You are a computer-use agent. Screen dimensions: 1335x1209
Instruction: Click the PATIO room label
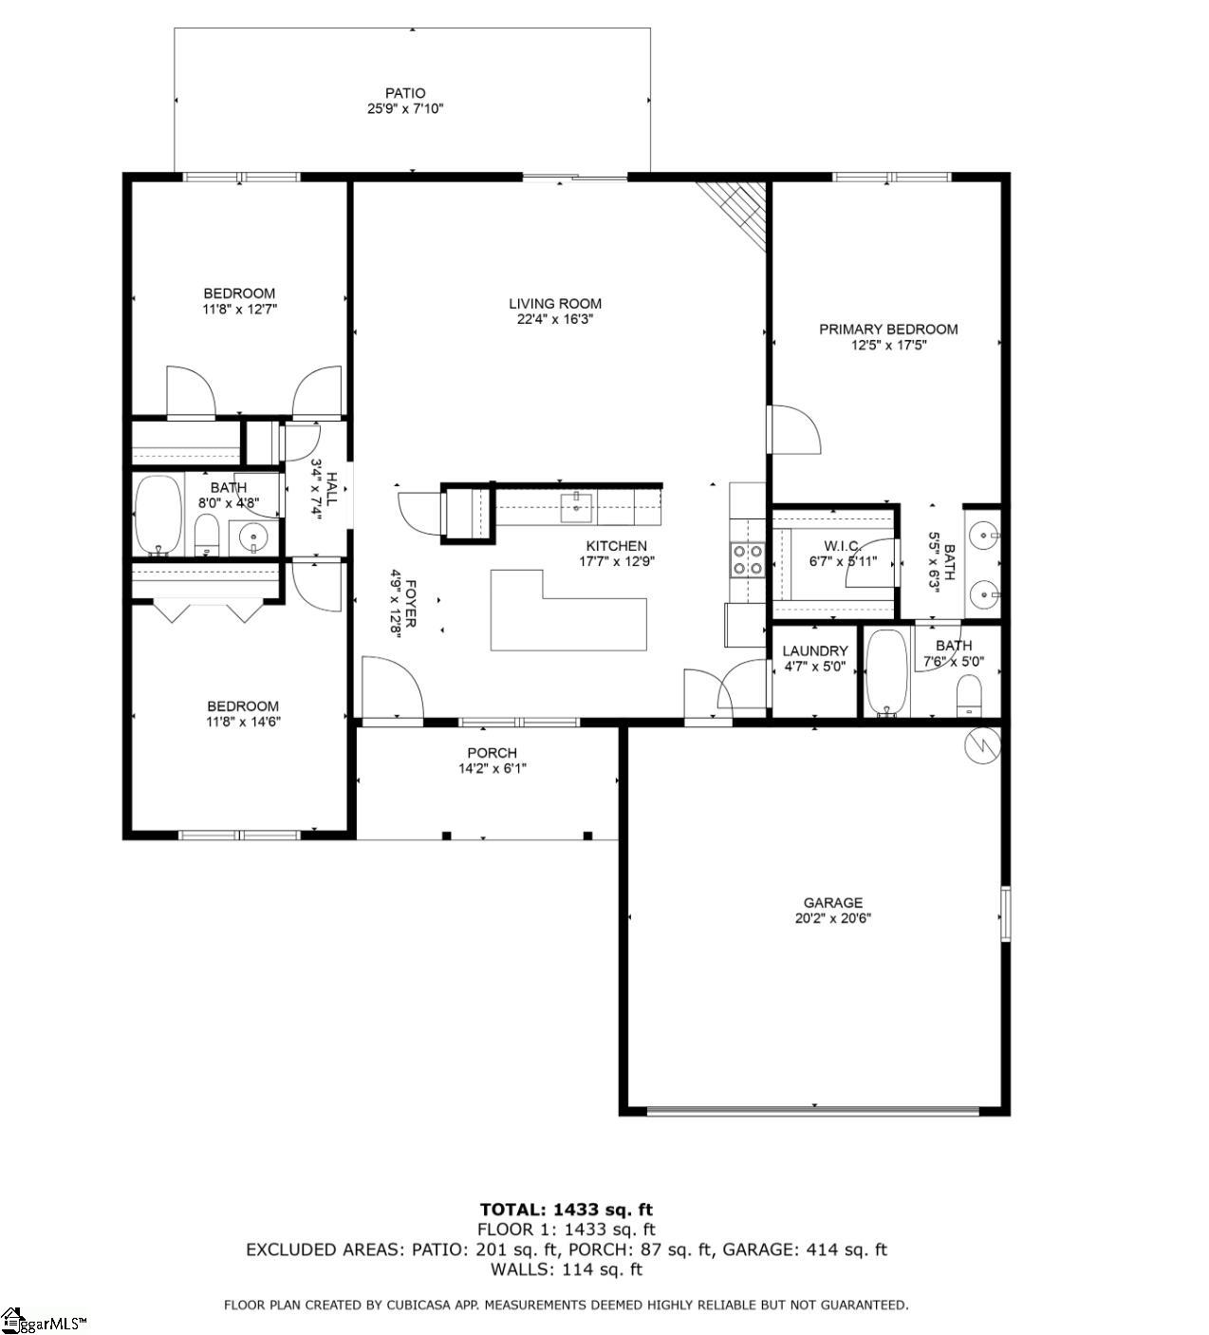pos(405,93)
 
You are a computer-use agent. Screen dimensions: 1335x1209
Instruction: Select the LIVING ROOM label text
pos(555,304)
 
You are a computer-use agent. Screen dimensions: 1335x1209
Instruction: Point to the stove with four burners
pos(746,558)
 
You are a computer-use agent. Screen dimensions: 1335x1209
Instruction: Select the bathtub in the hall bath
pos(158,515)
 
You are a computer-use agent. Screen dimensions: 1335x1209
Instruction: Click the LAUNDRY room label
pos(814,650)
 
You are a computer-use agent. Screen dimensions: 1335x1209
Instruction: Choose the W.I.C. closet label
pos(841,545)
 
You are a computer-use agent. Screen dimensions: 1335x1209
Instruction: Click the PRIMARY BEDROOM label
pos(888,329)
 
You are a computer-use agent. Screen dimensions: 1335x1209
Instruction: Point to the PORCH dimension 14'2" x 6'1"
pos(493,769)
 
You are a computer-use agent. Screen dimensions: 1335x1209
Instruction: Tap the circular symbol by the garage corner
pos(982,744)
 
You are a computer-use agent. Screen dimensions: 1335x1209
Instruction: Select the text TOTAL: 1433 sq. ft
pos(567,1210)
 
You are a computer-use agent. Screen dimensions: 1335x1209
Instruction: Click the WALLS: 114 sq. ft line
pos(567,1269)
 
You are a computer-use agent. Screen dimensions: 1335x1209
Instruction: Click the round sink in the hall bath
pos(254,538)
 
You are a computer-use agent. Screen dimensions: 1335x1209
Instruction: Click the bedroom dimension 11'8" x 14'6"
pos(243,722)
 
